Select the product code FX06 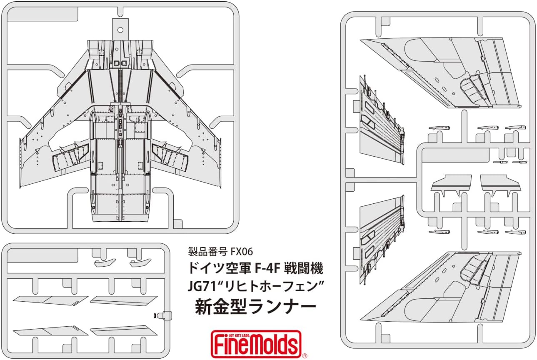[x=240, y=251]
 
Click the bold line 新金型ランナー [x=255, y=307]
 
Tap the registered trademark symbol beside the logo [x=305, y=355]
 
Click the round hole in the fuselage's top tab [x=120, y=30]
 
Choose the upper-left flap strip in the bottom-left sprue [x=50, y=300]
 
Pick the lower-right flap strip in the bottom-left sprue [x=123, y=330]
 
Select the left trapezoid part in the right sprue [x=451, y=182]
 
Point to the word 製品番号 [x=207, y=251]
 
